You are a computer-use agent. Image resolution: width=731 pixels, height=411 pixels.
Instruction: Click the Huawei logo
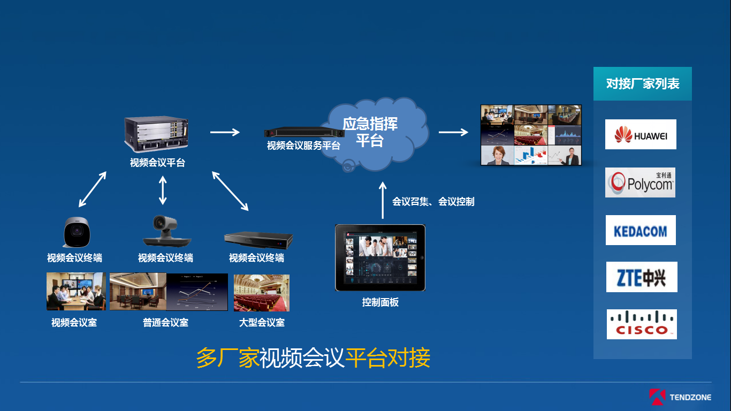click(641, 134)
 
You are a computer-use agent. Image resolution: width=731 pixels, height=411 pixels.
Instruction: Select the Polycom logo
click(640, 182)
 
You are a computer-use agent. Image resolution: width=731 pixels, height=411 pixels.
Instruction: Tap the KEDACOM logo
click(641, 231)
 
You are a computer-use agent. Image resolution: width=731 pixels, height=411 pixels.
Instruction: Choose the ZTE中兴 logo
click(641, 277)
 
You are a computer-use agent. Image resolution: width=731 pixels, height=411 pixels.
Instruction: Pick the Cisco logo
click(641, 324)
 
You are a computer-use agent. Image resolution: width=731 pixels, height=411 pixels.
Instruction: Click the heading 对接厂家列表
click(642, 84)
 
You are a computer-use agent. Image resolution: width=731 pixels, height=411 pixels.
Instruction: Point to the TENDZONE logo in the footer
click(679, 397)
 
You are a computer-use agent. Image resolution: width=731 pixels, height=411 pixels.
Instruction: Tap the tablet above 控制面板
click(380, 258)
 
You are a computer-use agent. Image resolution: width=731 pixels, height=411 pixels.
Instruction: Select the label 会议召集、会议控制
click(433, 202)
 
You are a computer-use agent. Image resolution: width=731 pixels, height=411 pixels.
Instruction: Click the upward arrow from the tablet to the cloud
click(382, 200)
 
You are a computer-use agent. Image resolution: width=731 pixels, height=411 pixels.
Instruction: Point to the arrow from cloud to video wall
click(453, 132)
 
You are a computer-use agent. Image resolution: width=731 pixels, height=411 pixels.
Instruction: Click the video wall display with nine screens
click(531, 135)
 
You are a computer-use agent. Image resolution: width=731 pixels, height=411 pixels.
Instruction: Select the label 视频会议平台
click(157, 163)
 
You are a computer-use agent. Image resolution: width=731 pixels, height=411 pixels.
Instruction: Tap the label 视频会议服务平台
click(303, 146)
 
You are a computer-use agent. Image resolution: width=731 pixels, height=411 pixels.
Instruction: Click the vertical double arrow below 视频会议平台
click(163, 189)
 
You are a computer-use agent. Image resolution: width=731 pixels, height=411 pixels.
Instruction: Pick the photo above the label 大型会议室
click(262, 293)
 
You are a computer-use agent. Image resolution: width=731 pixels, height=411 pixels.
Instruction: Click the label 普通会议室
click(165, 323)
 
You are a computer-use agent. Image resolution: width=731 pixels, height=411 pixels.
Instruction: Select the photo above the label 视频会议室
click(76, 292)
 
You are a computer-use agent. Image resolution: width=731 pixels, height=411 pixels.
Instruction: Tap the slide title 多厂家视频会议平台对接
click(313, 358)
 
